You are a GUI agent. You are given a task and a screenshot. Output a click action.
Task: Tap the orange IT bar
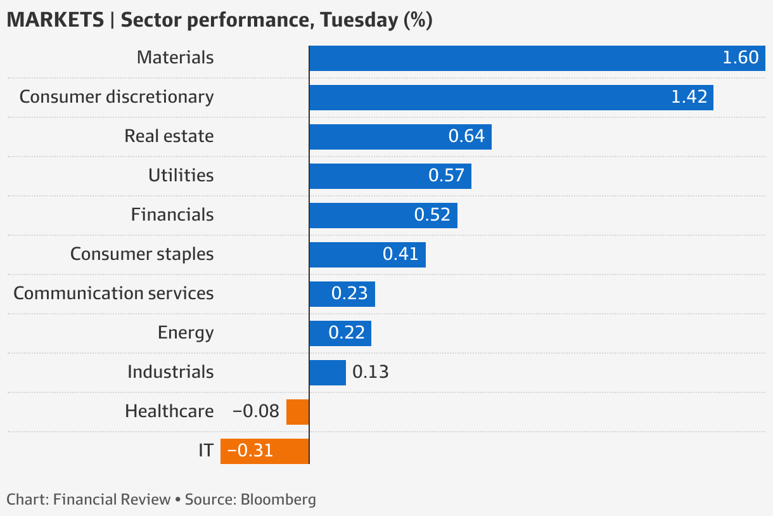pyautogui.click(x=264, y=451)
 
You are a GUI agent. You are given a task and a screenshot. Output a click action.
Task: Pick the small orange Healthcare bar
pyautogui.click(x=297, y=411)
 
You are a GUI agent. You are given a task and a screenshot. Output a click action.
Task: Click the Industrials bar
pyautogui.click(x=327, y=372)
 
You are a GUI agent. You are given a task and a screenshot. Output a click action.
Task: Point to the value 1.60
pyautogui.click(x=740, y=58)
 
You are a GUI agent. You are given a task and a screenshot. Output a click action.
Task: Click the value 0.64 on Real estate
pyautogui.click(x=466, y=136)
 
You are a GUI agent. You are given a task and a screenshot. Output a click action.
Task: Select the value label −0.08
pyautogui.click(x=255, y=411)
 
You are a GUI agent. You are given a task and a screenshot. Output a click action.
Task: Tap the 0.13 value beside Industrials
pyautogui.click(x=370, y=372)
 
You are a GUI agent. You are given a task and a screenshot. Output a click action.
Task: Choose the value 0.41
pyautogui.click(x=400, y=254)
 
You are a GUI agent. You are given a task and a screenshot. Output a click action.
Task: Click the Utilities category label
pyautogui.click(x=181, y=176)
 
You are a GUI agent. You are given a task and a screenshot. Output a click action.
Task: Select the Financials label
pyautogui.click(x=172, y=215)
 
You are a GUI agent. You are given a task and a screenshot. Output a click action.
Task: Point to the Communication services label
pyautogui.click(x=113, y=293)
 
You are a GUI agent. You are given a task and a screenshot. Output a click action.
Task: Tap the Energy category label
pyautogui.click(x=186, y=333)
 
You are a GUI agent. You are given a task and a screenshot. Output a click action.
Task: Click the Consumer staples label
pyautogui.click(x=142, y=254)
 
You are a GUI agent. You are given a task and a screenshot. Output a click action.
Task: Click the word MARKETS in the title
pyautogui.click(x=55, y=20)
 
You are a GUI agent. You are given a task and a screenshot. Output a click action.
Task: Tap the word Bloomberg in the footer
pyautogui.click(x=278, y=499)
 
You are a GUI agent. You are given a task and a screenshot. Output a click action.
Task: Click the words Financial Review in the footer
pyautogui.click(x=112, y=499)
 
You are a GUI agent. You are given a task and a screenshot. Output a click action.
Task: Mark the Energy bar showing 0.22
pyautogui.click(x=340, y=333)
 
